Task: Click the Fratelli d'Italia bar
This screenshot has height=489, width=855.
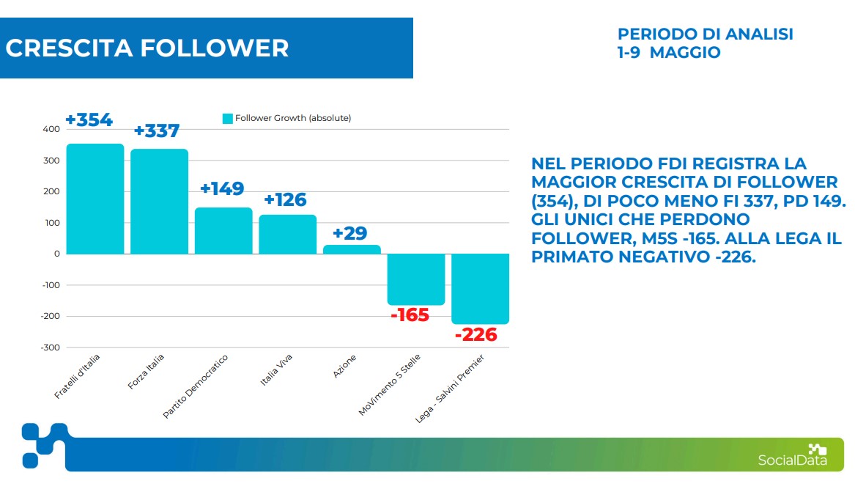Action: pos(95,199)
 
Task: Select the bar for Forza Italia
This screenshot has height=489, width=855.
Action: pos(159,202)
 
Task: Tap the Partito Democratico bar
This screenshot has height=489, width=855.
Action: pos(223,231)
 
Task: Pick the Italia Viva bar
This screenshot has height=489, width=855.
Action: pos(287,235)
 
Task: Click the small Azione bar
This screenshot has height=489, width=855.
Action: pos(352,249)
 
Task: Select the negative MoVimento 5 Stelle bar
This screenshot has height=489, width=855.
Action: pos(416,279)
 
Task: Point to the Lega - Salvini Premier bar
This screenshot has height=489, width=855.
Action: pos(480,289)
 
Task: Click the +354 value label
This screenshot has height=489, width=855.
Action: pos(89,120)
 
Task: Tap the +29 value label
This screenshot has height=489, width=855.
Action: pos(349,234)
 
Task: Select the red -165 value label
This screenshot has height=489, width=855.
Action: pos(410,316)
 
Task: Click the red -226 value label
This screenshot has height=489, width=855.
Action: pos(475,336)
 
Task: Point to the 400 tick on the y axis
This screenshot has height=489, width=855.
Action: pos(51,129)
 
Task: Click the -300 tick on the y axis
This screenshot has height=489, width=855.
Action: pos(49,348)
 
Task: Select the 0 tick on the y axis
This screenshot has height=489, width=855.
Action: pos(56,254)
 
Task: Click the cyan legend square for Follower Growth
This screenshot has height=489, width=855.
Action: pos(227,119)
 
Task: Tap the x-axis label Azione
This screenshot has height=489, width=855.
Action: pos(345,366)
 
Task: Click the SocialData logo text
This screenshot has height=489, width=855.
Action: pos(792,460)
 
